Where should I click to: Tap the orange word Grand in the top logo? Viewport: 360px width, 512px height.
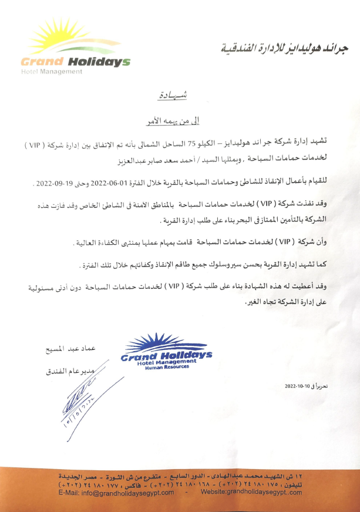[x=42, y=62]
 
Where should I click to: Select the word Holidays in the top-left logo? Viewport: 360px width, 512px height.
[x=98, y=62]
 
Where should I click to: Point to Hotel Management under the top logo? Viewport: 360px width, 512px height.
[x=51, y=72]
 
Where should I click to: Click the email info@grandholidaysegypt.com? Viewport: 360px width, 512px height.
[x=117, y=493]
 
